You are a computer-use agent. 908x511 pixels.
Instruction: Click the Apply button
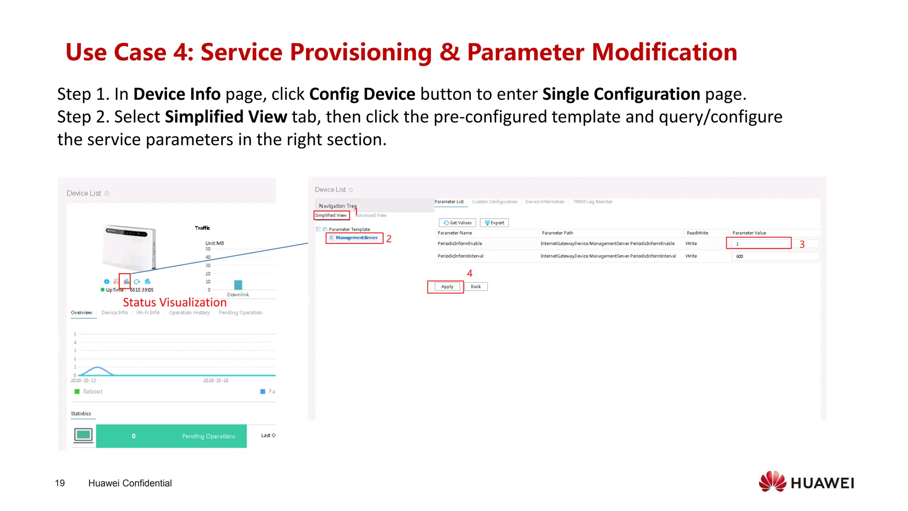[x=447, y=287]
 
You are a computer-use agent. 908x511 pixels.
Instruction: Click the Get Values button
[x=458, y=223]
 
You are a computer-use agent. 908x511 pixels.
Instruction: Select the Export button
[x=494, y=223]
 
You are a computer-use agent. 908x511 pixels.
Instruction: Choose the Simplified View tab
[x=331, y=216]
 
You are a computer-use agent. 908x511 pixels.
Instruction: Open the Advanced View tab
[x=371, y=216]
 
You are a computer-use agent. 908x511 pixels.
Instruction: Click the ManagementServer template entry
[x=356, y=238]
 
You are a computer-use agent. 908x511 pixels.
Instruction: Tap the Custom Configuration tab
[x=494, y=202]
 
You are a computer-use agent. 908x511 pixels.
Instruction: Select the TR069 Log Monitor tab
[x=592, y=202]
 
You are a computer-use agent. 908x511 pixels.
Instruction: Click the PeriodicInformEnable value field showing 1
[x=759, y=244]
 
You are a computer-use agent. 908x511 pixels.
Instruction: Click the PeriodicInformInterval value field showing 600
[x=775, y=256]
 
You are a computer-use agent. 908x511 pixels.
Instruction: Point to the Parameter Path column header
[x=557, y=233]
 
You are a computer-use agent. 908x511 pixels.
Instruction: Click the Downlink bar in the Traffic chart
[x=238, y=285]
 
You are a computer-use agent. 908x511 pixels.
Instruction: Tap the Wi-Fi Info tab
[x=148, y=313]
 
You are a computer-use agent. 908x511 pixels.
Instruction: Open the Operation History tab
[x=189, y=313]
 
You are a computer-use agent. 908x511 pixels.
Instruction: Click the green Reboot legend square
[x=77, y=392]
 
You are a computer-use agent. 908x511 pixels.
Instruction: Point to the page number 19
[x=60, y=483]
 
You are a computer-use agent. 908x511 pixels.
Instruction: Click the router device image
[x=129, y=248]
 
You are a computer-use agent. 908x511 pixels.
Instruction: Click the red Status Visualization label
[x=175, y=303]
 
